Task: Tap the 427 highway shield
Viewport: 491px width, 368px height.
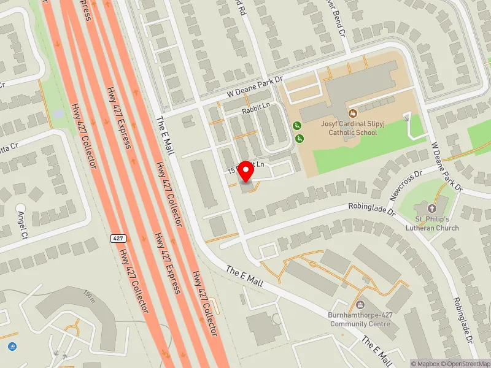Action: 118,237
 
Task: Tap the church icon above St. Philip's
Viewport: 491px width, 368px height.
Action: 440,209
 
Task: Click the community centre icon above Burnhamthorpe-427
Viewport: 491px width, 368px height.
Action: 360,305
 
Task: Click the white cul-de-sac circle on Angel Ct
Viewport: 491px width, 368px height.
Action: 20,209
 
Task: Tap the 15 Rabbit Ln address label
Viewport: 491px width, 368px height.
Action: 245,167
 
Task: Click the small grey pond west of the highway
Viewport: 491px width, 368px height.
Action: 58,113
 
